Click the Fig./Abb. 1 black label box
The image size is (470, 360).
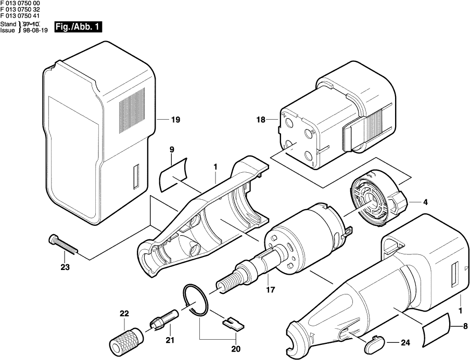(x=78, y=27)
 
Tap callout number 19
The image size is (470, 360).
(x=175, y=120)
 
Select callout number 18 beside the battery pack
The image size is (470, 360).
(x=261, y=120)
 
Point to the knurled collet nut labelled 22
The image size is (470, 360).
(x=126, y=342)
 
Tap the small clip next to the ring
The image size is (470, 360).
(x=233, y=324)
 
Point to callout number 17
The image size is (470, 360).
(x=270, y=290)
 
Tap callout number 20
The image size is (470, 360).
(x=236, y=349)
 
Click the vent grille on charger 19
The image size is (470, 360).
(x=132, y=110)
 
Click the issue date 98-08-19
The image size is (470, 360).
(x=35, y=30)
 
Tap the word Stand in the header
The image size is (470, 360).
(x=8, y=24)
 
